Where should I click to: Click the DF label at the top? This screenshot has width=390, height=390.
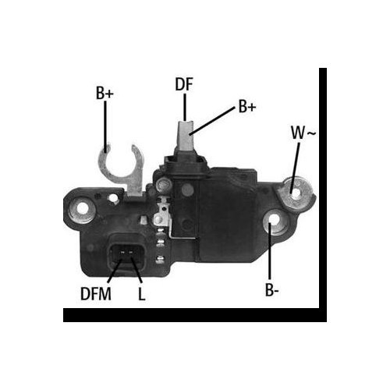185,84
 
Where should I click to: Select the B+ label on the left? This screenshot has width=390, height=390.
105,94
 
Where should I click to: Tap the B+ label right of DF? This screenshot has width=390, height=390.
246,107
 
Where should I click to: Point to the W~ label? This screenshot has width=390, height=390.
303,133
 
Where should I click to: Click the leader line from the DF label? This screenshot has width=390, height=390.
185,105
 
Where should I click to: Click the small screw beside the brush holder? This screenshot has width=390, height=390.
162,186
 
